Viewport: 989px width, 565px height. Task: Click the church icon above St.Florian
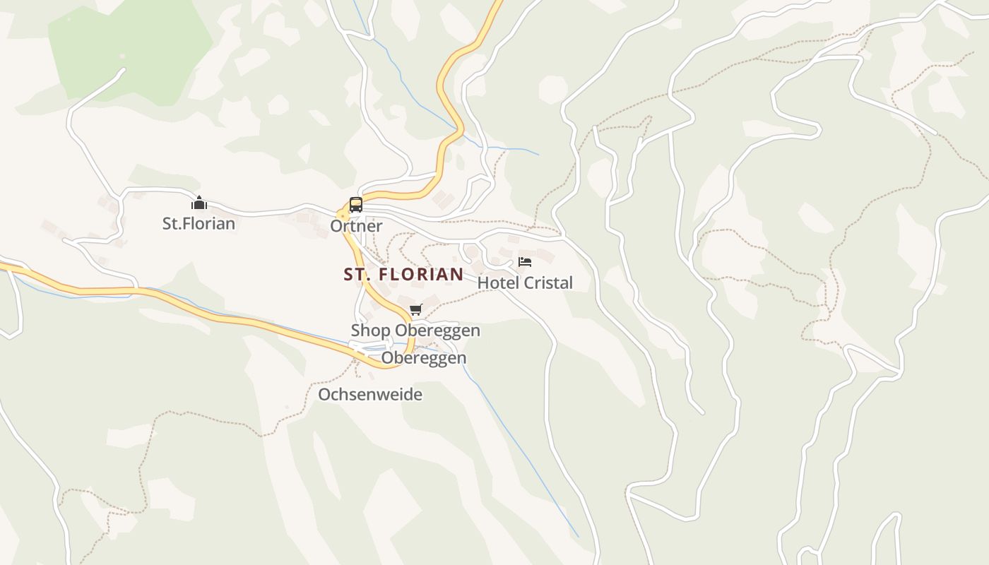click(x=199, y=203)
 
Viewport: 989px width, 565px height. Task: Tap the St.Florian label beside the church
click(x=199, y=224)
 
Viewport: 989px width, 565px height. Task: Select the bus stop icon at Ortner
click(x=356, y=205)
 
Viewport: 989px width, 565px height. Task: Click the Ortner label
click(x=356, y=226)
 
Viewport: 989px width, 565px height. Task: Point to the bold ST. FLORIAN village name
click(x=403, y=274)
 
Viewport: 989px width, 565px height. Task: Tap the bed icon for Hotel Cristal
click(x=525, y=262)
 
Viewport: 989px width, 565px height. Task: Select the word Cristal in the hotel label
click(x=546, y=283)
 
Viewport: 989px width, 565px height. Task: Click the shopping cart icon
click(x=415, y=310)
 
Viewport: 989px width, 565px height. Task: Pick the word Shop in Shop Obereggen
click(x=371, y=331)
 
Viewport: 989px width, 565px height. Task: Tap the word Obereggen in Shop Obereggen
click(x=437, y=331)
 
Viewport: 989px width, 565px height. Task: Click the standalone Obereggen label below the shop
click(x=424, y=358)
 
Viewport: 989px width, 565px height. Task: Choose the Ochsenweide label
click(x=370, y=394)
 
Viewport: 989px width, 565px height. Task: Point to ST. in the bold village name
click(x=357, y=274)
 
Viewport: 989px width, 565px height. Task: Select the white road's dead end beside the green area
click(x=124, y=70)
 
